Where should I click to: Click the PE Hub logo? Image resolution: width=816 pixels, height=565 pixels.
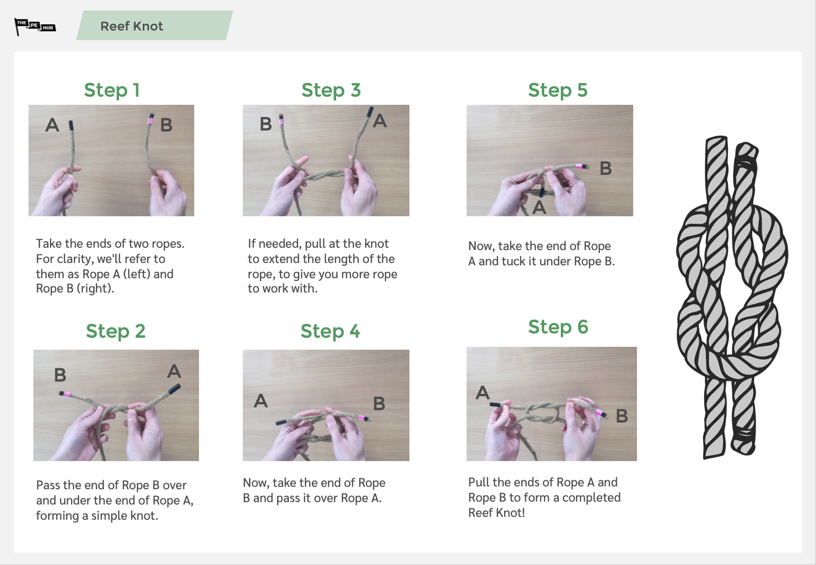coord(35,26)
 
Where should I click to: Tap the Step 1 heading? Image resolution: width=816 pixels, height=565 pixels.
coord(112,90)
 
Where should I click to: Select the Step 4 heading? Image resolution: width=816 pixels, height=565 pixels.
coord(330,331)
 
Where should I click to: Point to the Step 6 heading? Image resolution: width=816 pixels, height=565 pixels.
coord(558,327)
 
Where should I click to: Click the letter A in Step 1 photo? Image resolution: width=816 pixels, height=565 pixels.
coord(52,125)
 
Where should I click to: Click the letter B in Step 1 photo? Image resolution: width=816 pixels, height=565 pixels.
coord(166,125)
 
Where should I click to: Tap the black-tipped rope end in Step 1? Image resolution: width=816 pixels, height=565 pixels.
coord(71,126)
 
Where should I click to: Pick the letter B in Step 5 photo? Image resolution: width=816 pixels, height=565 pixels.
coord(605,168)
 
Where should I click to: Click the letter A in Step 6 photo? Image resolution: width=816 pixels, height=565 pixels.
coord(482,393)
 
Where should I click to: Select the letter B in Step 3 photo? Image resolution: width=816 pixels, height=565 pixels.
coord(266,124)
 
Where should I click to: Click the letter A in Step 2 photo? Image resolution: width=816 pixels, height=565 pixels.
coord(174,371)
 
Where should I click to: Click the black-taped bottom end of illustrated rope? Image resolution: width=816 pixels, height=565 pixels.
coord(744,436)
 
